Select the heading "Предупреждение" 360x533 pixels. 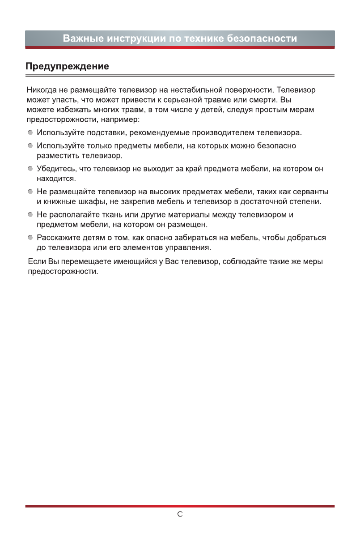(x=67, y=67)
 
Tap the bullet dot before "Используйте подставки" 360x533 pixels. (x=30, y=133)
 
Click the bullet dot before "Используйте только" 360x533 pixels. (x=30, y=146)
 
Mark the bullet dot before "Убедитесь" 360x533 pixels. (x=30, y=169)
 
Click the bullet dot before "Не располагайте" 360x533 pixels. (x=30, y=215)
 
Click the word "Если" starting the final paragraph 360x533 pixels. (x=35, y=261)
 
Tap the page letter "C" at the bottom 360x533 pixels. (x=180, y=515)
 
